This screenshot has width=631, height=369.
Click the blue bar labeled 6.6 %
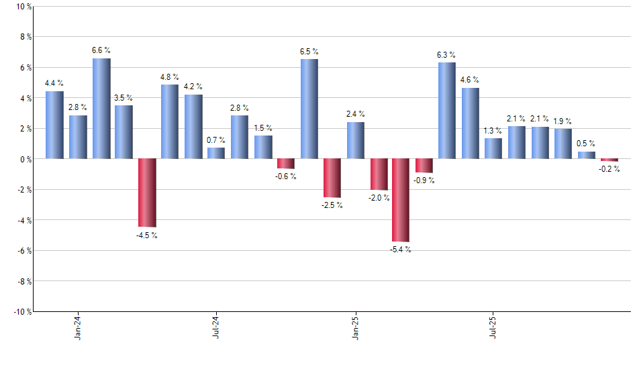pyautogui.click(x=101, y=109)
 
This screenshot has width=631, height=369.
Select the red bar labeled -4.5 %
pyautogui.click(x=147, y=193)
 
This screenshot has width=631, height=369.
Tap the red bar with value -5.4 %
pyautogui.click(x=401, y=200)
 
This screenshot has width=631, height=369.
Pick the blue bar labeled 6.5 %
pyautogui.click(x=309, y=109)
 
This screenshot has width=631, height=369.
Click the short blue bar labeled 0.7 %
pyautogui.click(x=216, y=153)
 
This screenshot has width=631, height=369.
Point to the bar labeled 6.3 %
pyautogui.click(x=447, y=111)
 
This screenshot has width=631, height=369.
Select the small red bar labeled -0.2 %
pyautogui.click(x=609, y=160)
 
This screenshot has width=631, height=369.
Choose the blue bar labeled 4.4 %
pyautogui.click(x=55, y=125)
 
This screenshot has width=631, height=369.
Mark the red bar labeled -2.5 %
pyautogui.click(x=332, y=178)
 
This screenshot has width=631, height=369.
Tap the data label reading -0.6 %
pyautogui.click(x=286, y=176)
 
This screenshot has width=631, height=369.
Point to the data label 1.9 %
pyautogui.click(x=563, y=121)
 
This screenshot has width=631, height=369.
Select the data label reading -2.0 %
pyautogui.click(x=379, y=198)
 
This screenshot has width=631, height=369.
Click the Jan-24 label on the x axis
pyautogui.click(x=79, y=326)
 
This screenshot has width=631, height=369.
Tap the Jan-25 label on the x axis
pyautogui.click(x=355, y=326)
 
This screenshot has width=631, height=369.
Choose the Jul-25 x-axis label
pyautogui.click(x=493, y=326)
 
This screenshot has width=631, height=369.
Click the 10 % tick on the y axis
pyautogui.click(x=23, y=7)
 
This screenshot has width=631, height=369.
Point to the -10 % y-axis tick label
pyautogui.click(x=21, y=312)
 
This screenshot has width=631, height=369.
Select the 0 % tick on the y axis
pyautogui.click(x=25, y=159)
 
